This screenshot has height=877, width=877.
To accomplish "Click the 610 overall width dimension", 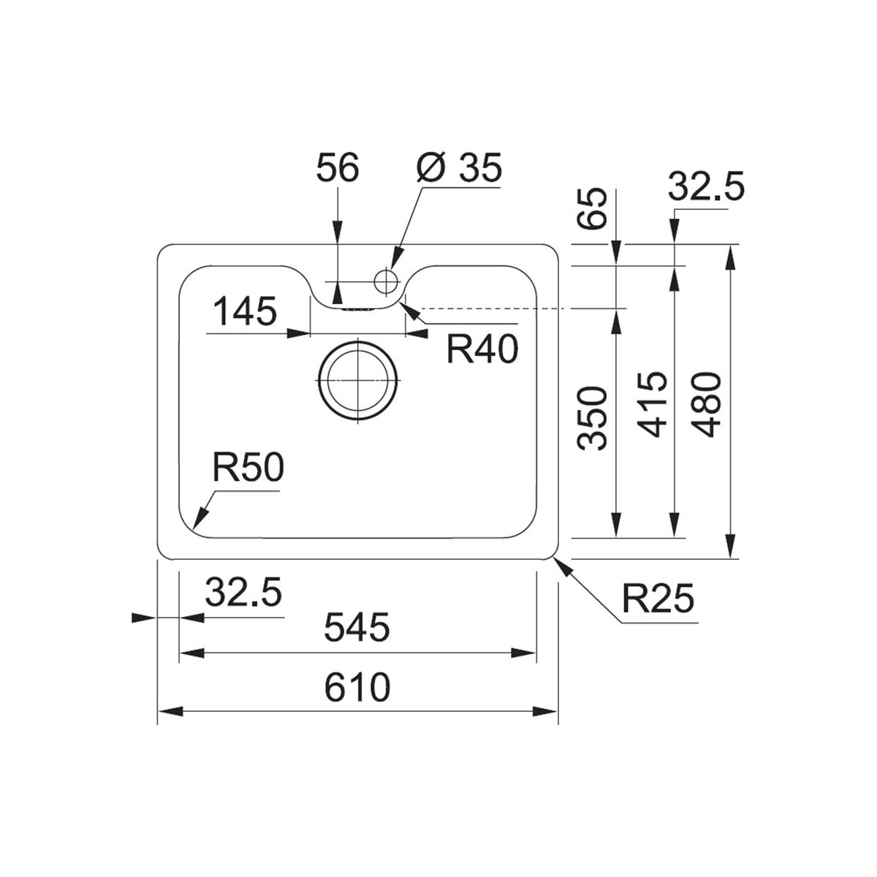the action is click(x=357, y=688).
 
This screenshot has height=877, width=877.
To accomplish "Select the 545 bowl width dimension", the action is click(x=357, y=626).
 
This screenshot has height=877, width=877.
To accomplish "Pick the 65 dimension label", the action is click(x=592, y=208).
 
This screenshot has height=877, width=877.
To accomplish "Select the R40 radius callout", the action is click(x=482, y=349).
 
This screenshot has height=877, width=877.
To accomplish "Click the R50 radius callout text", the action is click(x=248, y=468).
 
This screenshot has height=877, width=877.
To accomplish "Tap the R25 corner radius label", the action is click(x=658, y=599).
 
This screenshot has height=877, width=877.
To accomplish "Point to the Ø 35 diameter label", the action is click(x=459, y=167).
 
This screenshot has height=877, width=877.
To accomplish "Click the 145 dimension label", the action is click(x=246, y=312).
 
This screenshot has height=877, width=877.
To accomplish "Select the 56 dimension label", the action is click(x=338, y=167).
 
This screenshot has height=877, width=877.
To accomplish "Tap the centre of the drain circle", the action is click(x=357, y=381).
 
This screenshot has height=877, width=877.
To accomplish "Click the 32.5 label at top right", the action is click(x=706, y=186).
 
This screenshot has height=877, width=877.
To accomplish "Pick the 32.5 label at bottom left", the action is click(x=243, y=593).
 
